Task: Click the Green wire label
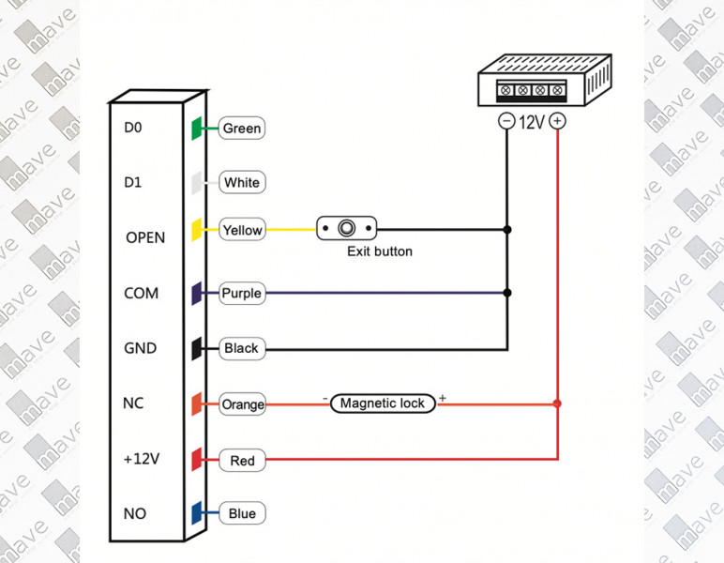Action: click(x=241, y=129)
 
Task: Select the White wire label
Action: click(x=241, y=182)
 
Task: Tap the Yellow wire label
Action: click(x=241, y=230)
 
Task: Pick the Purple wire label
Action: click(x=241, y=294)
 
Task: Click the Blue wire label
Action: click(x=242, y=514)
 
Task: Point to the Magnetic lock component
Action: click(x=383, y=403)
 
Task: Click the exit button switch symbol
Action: click(x=347, y=227)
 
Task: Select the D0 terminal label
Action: click(x=132, y=128)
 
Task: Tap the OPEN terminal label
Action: click(x=145, y=237)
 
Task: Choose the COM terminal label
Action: click(x=142, y=293)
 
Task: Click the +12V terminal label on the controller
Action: click(x=142, y=460)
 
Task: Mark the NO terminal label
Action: click(x=135, y=514)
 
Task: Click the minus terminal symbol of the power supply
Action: click(x=506, y=121)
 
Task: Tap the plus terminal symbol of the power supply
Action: click(x=557, y=121)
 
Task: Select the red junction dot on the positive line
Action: click(x=557, y=404)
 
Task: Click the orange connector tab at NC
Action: click(x=196, y=404)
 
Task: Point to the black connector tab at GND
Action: click(x=196, y=348)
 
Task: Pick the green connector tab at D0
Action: click(x=196, y=129)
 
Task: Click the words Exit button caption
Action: click(x=379, y=251)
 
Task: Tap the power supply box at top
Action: click(x=533, y=80)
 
